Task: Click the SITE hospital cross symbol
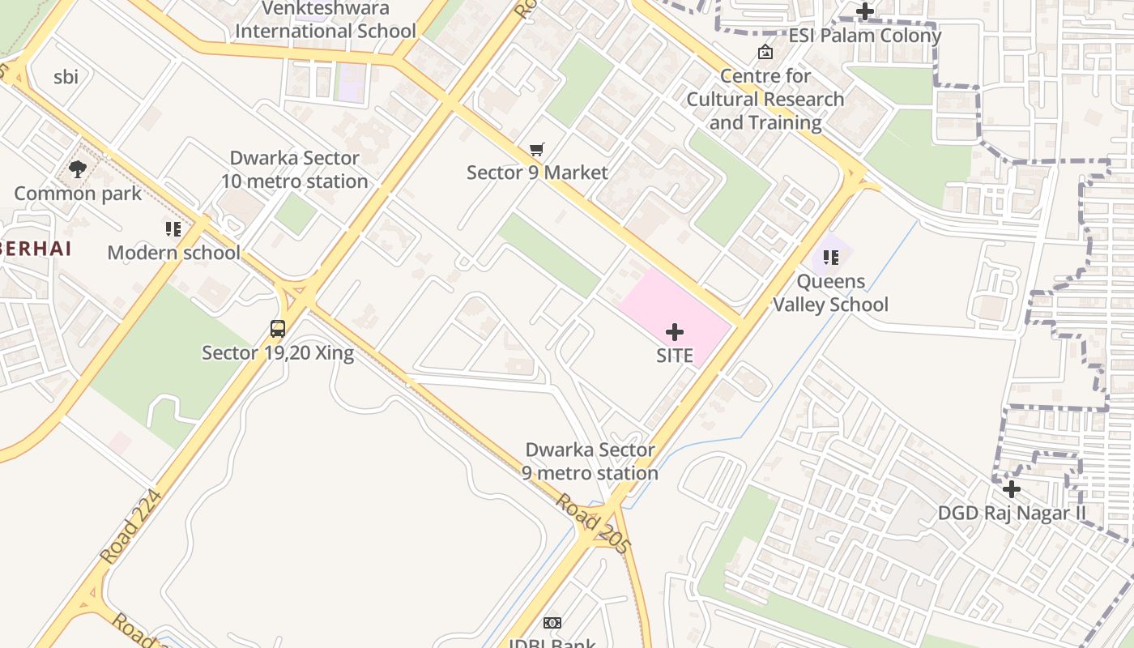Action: coord(674,332)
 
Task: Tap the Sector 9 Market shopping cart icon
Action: coord(536,149)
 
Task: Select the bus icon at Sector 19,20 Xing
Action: coord(278,329)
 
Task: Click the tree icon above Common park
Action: coord(78,169)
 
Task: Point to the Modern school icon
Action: coord(173,229)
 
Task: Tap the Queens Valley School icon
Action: coord(830,258)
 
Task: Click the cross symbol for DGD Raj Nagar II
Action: coord(1011,489)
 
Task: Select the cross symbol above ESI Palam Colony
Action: coord(865,11)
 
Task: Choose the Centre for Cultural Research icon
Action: coord(765,53)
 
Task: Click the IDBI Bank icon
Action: coord(552,623)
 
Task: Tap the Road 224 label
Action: coord(130,527)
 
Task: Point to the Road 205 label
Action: coord(592,524)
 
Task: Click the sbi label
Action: coord(66,77)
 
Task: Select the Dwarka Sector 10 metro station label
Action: coord(295,169)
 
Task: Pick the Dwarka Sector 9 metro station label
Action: coord(590,462)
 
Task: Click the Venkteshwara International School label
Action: coord(325,20)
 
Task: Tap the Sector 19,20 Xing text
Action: coord(278,353)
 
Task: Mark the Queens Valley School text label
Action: coord(830,293)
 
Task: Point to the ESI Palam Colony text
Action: coord(865,36)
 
